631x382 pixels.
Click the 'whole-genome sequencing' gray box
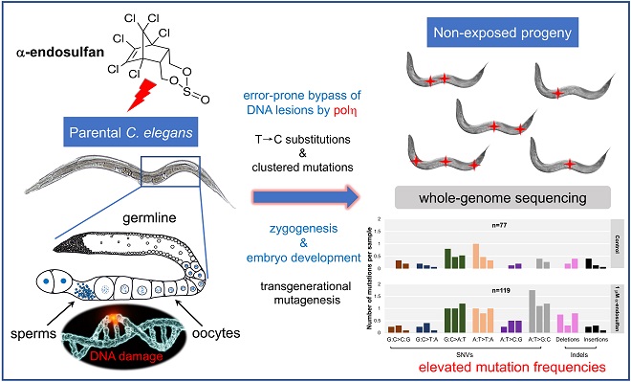click(x=491, y=195)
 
